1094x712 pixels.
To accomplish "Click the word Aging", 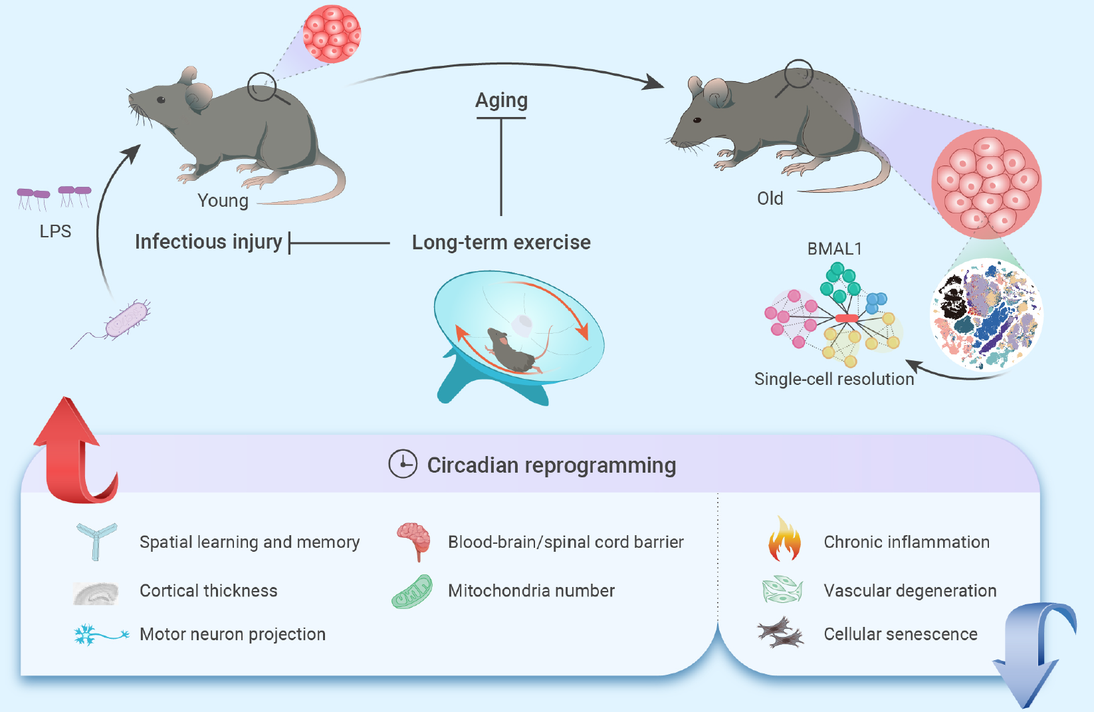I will (x=501, y=100).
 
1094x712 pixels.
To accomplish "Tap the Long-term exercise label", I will (x=501, y=243).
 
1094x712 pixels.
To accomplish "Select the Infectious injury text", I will (x=209, y=242).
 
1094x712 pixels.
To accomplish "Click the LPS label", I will (x=55, y=231).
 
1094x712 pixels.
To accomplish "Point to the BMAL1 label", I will (x=834, y=249).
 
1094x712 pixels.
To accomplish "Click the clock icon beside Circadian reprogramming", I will (x=403, y=464).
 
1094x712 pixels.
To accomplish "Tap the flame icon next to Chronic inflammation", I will (x=784, y=540).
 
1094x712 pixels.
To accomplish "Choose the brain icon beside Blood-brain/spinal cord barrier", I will (x=414, y=540).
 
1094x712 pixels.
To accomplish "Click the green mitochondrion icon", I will (x=412, y=592).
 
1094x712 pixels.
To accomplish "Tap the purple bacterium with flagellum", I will (x=126, y=320).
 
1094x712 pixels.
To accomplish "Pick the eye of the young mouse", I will (x=161, y=100).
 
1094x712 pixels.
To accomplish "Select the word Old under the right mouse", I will (x=770, y=199).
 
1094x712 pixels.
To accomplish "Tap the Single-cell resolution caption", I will (x=834, y=379).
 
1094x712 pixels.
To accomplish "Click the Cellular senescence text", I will (x=901, y=634).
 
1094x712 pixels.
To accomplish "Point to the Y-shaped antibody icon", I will (x=96, y=540).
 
